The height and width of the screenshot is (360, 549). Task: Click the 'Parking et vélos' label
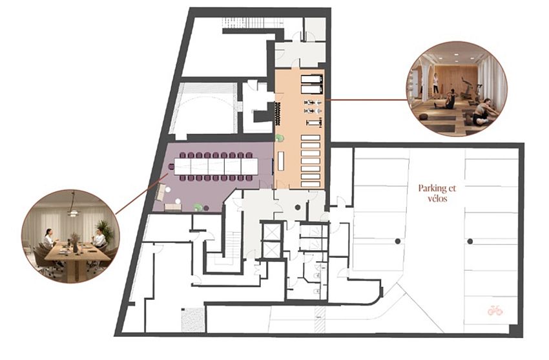(x=437, y=193)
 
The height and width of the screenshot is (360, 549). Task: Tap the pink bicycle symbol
(x=495, y=310)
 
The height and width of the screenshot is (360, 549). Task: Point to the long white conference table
(x=216, y=166)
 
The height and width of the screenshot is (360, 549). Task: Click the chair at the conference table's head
(x=172, y=166)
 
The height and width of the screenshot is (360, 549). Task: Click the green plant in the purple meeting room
(x=198, y=207)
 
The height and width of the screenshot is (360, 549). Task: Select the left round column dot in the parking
(x=398, y=241)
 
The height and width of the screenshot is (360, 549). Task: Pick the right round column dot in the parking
(x=470, y=241)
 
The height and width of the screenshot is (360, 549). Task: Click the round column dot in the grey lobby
(x=298, y=207)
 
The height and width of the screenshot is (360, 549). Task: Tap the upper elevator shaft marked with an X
(x=271, y=231)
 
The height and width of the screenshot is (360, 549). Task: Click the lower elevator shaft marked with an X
(x=271, y=249)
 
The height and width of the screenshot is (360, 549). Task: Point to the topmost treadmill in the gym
(x=311, y=79)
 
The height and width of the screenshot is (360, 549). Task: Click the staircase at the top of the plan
(x=251, y=23)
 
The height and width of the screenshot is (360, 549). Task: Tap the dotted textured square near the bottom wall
(x=192, y=319)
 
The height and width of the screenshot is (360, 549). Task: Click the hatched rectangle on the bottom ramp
(x=320, y=319)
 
